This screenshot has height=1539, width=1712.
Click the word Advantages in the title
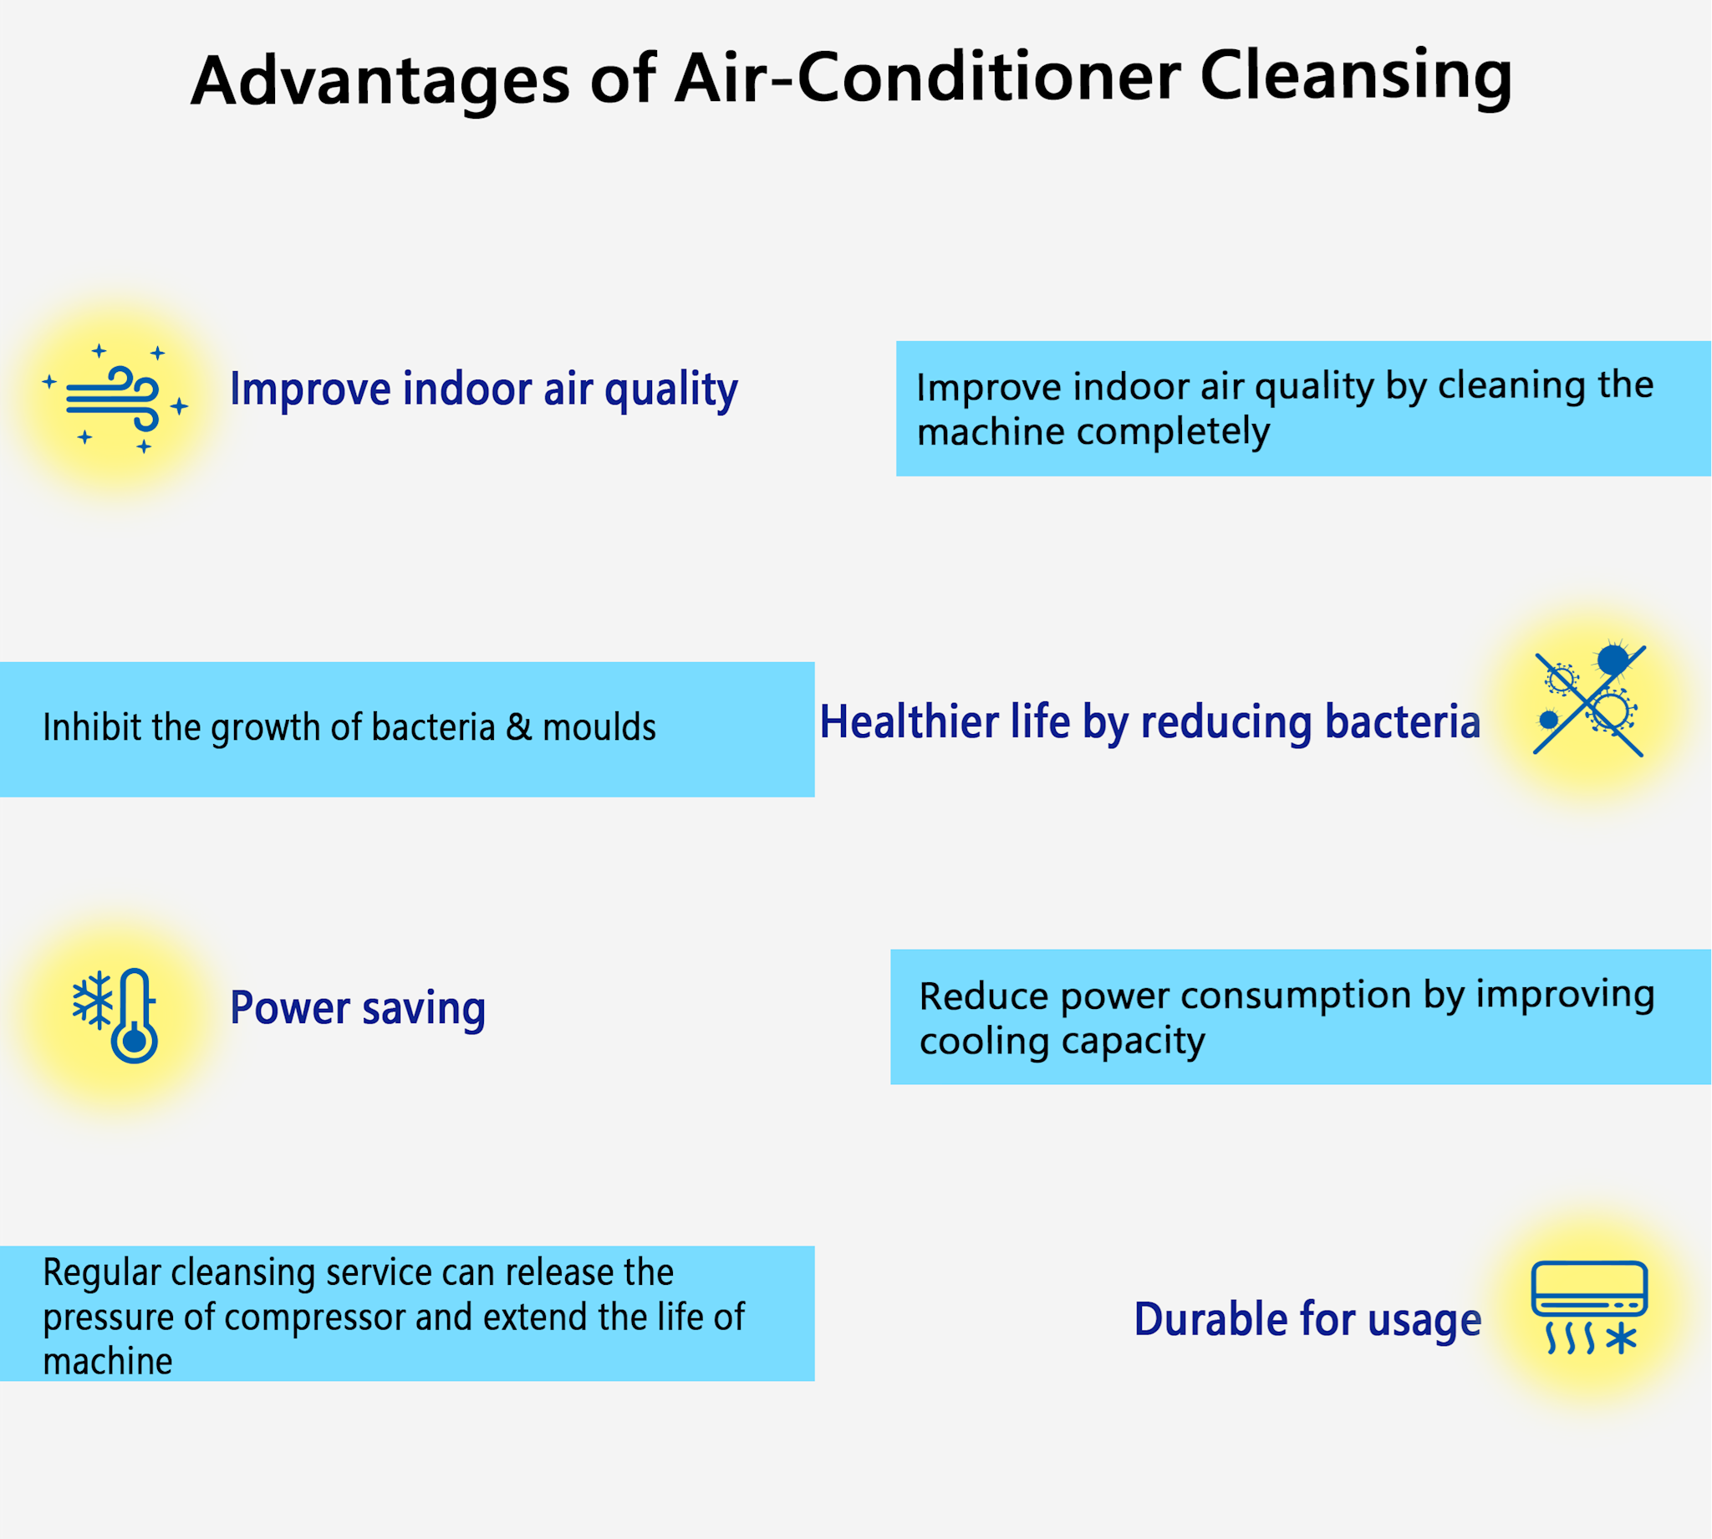click(380, 81)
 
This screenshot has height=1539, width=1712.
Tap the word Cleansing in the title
click(1356, 78)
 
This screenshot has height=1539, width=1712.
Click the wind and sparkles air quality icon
click(115, 398)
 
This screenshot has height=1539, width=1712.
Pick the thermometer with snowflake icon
click(115, 1016)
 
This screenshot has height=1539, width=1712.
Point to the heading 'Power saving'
click(358, 1009)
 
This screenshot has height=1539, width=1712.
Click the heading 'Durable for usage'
click(1308, 1319)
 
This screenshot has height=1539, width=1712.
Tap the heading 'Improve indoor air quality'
click(483, 390)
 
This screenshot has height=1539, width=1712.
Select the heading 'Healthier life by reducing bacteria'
click(1149, 722)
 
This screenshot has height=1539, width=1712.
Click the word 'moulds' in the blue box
click(599, 727)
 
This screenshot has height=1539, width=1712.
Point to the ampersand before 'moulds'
click(519, 727)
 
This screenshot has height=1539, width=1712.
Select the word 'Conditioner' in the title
click(988, 77)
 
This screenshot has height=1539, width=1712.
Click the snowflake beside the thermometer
click(93, 1001)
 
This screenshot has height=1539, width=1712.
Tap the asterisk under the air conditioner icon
click(1622, 1339)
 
